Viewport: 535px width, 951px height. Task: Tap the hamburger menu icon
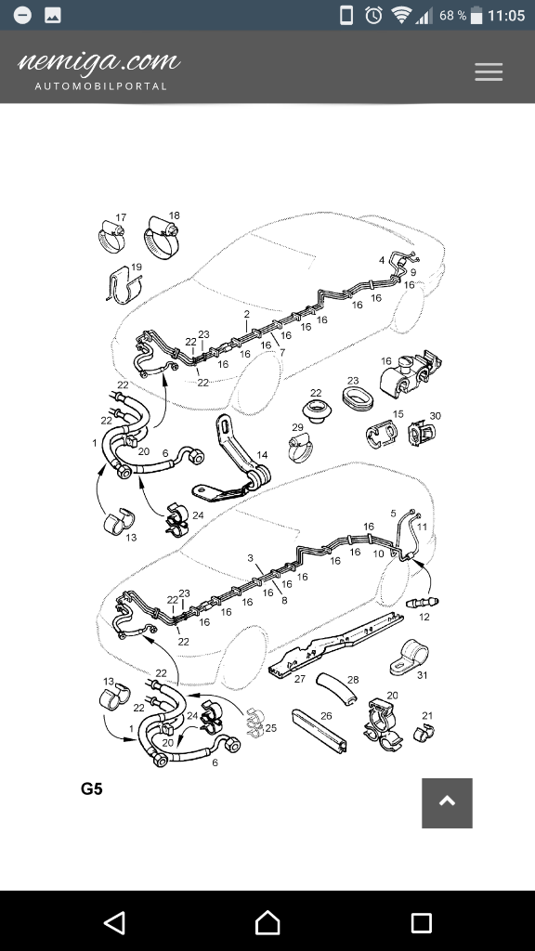click(x=489, y=72)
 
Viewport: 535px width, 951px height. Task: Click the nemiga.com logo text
click(x=99, y=61)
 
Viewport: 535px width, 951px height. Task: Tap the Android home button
click(x=267, y=922)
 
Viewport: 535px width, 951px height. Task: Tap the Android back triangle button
click(x=114, y=922)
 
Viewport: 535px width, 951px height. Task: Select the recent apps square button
click(x=421, y=922)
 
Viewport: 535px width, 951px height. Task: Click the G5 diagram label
click(x=92, y=789)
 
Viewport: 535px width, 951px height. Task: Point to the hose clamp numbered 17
click(x=112, y=238)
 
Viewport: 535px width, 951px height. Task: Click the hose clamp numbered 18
click(x=162, y=237)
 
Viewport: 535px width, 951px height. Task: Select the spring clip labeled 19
click(x=124, y=284)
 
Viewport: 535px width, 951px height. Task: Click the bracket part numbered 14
click(x=234, y=461)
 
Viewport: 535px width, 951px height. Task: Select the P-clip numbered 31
click(x=408, y=658)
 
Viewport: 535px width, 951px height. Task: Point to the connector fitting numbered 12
click(x=422, y=602)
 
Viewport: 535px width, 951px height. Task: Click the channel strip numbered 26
click(x=320, y=730)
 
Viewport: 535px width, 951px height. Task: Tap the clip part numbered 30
click(x=421, y=433)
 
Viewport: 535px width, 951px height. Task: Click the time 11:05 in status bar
click(x=506, y=16)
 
